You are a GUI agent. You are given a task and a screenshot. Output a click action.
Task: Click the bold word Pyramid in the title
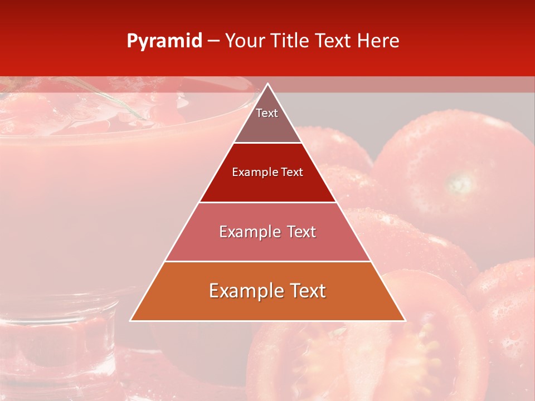click(x=164, y=41)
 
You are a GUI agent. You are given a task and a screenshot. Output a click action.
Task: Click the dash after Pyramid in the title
click(x=213, y=41)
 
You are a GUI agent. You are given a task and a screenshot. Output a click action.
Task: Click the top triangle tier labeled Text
click(x=267, y=120)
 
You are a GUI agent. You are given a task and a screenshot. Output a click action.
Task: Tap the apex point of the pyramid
click(x=267, y=84)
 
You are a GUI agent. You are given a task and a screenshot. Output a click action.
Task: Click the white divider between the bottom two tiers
click(x=267, y=261)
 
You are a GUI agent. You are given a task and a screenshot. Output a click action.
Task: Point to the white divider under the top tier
click(x=267, y=143)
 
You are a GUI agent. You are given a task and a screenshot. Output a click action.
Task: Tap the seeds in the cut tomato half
click(x=424, y=340)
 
